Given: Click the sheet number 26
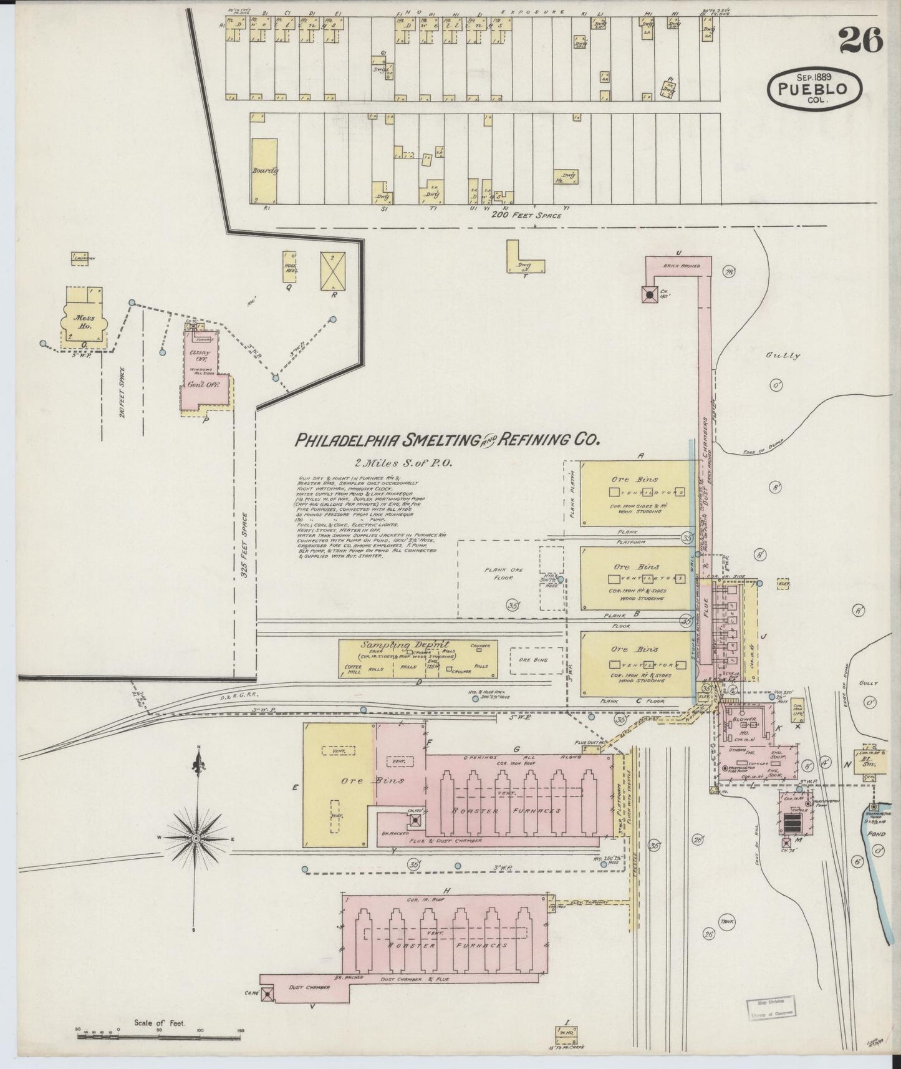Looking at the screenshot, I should [861, 42].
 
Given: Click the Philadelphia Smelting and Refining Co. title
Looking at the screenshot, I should [446, 440].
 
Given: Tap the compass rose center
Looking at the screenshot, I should [196, 838].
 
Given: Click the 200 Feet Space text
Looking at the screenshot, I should [526, 216].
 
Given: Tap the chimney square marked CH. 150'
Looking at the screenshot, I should [650, 294].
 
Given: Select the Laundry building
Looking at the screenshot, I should [83, 258].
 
